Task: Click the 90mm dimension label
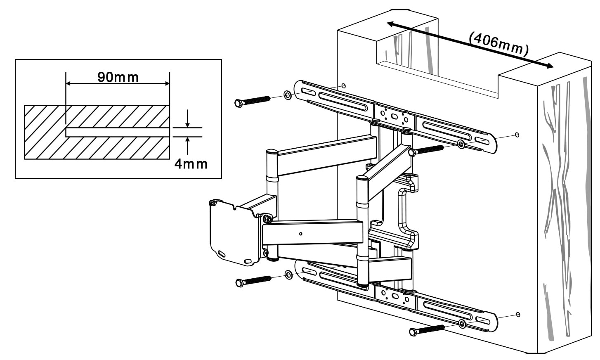click(x=118, y=77)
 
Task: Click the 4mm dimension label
click(x=191, y=164)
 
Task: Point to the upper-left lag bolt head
click(x=238, y=103)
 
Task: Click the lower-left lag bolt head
click(x=239, y=283)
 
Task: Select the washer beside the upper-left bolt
click(x=287, y=96)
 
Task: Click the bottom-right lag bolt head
click(x=413, y=332)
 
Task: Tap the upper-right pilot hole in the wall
click(x=517, y=135)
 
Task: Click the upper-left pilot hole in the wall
click(x=343, y=86)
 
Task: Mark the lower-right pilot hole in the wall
click(x=518, y=315)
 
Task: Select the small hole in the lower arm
click(x=300, y=234)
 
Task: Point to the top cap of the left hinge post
click(x=272, y=152)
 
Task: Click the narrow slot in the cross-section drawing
click(x=118, y=132)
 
